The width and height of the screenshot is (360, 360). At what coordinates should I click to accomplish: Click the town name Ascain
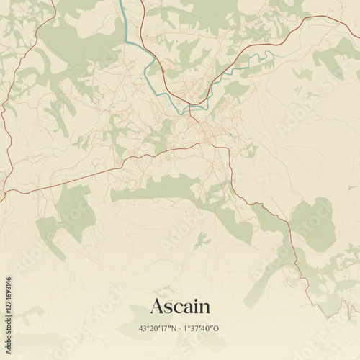click(180, 306)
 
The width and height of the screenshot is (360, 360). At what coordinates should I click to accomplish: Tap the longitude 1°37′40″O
click(201, 329)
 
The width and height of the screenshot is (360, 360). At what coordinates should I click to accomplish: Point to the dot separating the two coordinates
click(180, 329)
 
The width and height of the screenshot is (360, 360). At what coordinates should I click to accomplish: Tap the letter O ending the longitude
click(216, 329)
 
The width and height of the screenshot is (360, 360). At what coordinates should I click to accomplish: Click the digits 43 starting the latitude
click(143, 329)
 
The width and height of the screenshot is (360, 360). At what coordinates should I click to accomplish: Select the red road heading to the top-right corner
click(288, 25)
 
